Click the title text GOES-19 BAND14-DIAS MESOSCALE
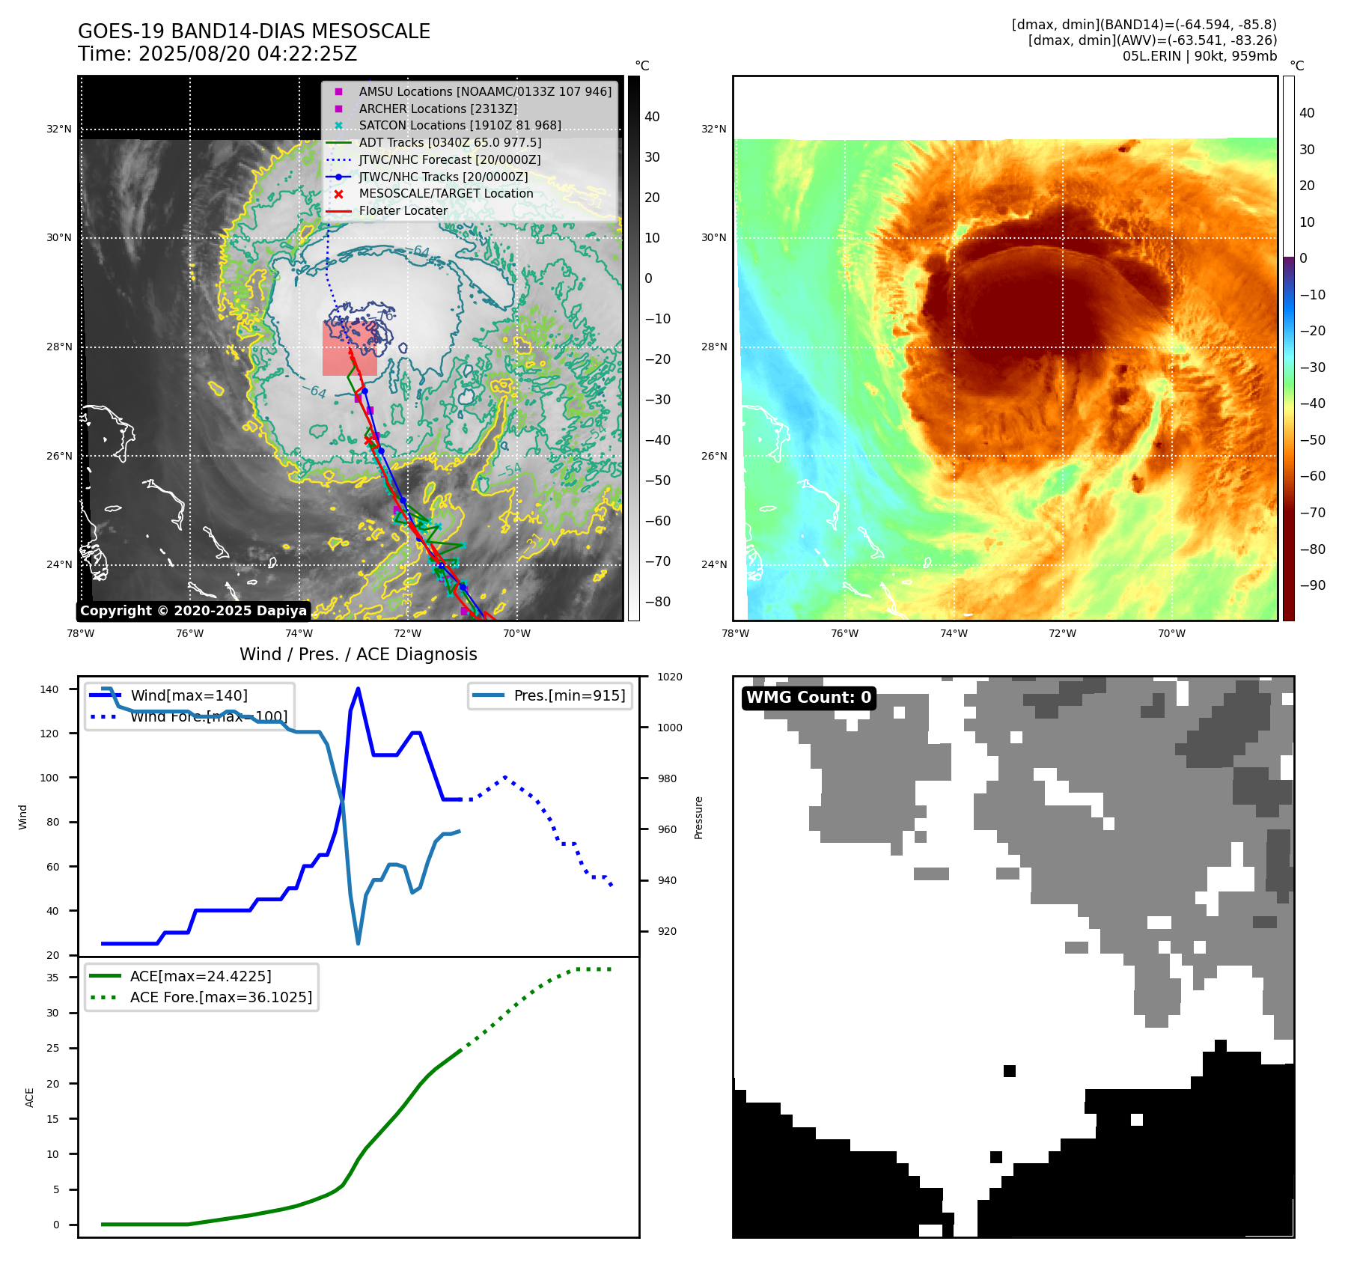pyautogui.click(x=254, y=31)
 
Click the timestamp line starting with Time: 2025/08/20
pyautogui.click(x=217, y=54)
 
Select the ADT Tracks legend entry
pyautogui.click(x=449, y=142)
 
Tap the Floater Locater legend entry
pyautogui.click(x=403, y=211)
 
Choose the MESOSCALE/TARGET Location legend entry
pyautogui.click(x=445, y=194)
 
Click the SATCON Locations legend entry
pyautogui.click(x=460, y=126)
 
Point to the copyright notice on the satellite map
pyautogui.click(x=193, y=611)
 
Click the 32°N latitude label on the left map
pyautogui.click(x=59, y=129)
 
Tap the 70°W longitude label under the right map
pyautogui.click(x=1171, y=633)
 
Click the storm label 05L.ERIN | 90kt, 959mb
pyautogui.click(x=1199, y=56)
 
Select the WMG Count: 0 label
pyautogui.click(x=808, y=698)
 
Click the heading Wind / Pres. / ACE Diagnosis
pyautogui.click(x=358, y=654)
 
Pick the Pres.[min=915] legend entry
pyautogui.click(x=569, y=695)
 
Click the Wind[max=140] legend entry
pyautogui.click(x=189, y=695)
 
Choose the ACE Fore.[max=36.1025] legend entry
pyautogui.click(x=221, y=997)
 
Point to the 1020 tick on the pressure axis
pyautogui.click(x=669, y=677)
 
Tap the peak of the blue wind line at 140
pyautogui.click(x=358, y=689)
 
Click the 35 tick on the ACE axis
pyautogui.click(x=52, y=978)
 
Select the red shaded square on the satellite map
pyautogui.click(x=350, y=348)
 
